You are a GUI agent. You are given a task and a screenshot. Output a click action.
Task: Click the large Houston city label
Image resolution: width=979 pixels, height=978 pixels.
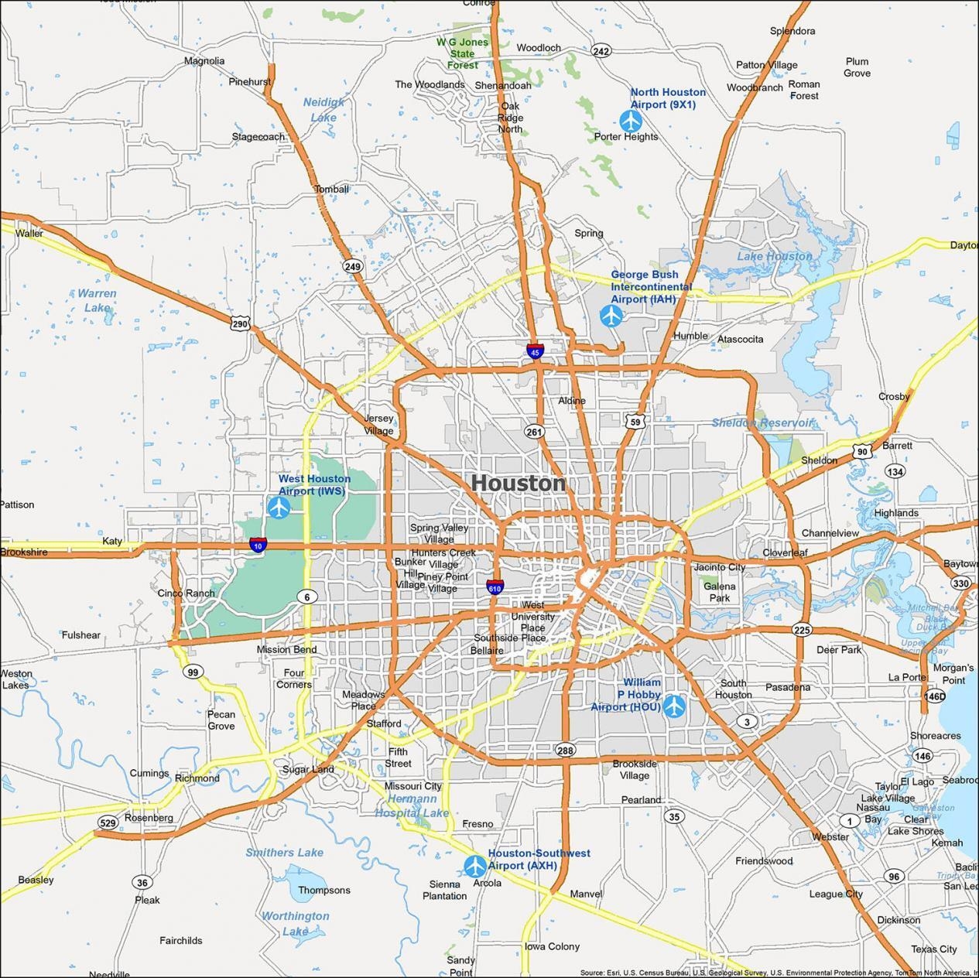point(518,483)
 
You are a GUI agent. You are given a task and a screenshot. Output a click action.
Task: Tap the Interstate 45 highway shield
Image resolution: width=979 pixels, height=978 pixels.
point(535,351)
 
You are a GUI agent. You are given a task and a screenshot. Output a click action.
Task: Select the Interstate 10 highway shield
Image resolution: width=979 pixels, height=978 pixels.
point(258,545)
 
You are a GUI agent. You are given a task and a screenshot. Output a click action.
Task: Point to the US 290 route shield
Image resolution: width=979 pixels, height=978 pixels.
point(240,323)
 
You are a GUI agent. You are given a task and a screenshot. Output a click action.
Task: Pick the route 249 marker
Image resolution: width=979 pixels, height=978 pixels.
point(353,266)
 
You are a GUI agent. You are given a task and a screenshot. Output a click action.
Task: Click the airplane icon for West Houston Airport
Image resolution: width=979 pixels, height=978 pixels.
point(279,508)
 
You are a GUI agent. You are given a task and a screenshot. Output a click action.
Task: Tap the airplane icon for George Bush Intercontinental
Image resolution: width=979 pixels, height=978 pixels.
point(611,316)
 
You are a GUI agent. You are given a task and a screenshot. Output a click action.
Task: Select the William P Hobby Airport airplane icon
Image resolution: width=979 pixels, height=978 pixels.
point(674,706)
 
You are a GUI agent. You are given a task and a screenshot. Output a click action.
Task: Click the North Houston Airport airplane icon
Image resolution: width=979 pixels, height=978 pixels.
point(632,121)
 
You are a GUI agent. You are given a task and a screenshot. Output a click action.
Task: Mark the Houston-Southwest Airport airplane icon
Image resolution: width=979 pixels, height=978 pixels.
point(474,866)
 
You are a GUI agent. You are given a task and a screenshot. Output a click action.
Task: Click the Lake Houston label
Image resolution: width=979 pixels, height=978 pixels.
point(775,256)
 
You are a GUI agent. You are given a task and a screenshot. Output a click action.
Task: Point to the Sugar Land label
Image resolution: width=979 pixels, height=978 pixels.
point(308,769)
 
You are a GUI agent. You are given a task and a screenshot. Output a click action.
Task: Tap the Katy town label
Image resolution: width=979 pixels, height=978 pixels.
point(112,541)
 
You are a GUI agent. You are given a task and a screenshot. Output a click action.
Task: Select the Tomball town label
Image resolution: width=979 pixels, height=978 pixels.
point(331,189)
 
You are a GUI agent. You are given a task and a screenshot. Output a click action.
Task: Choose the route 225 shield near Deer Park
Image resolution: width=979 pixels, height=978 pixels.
point(802,630)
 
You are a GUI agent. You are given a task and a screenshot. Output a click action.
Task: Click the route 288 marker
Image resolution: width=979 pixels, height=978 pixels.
point(565,750)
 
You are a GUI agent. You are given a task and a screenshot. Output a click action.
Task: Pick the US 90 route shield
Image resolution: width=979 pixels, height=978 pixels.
point(862,451)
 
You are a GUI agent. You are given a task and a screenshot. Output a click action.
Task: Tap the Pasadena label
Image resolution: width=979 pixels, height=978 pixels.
point(788,687)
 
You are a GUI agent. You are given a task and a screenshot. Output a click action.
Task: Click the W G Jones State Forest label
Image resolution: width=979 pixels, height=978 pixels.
point(462,53)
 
